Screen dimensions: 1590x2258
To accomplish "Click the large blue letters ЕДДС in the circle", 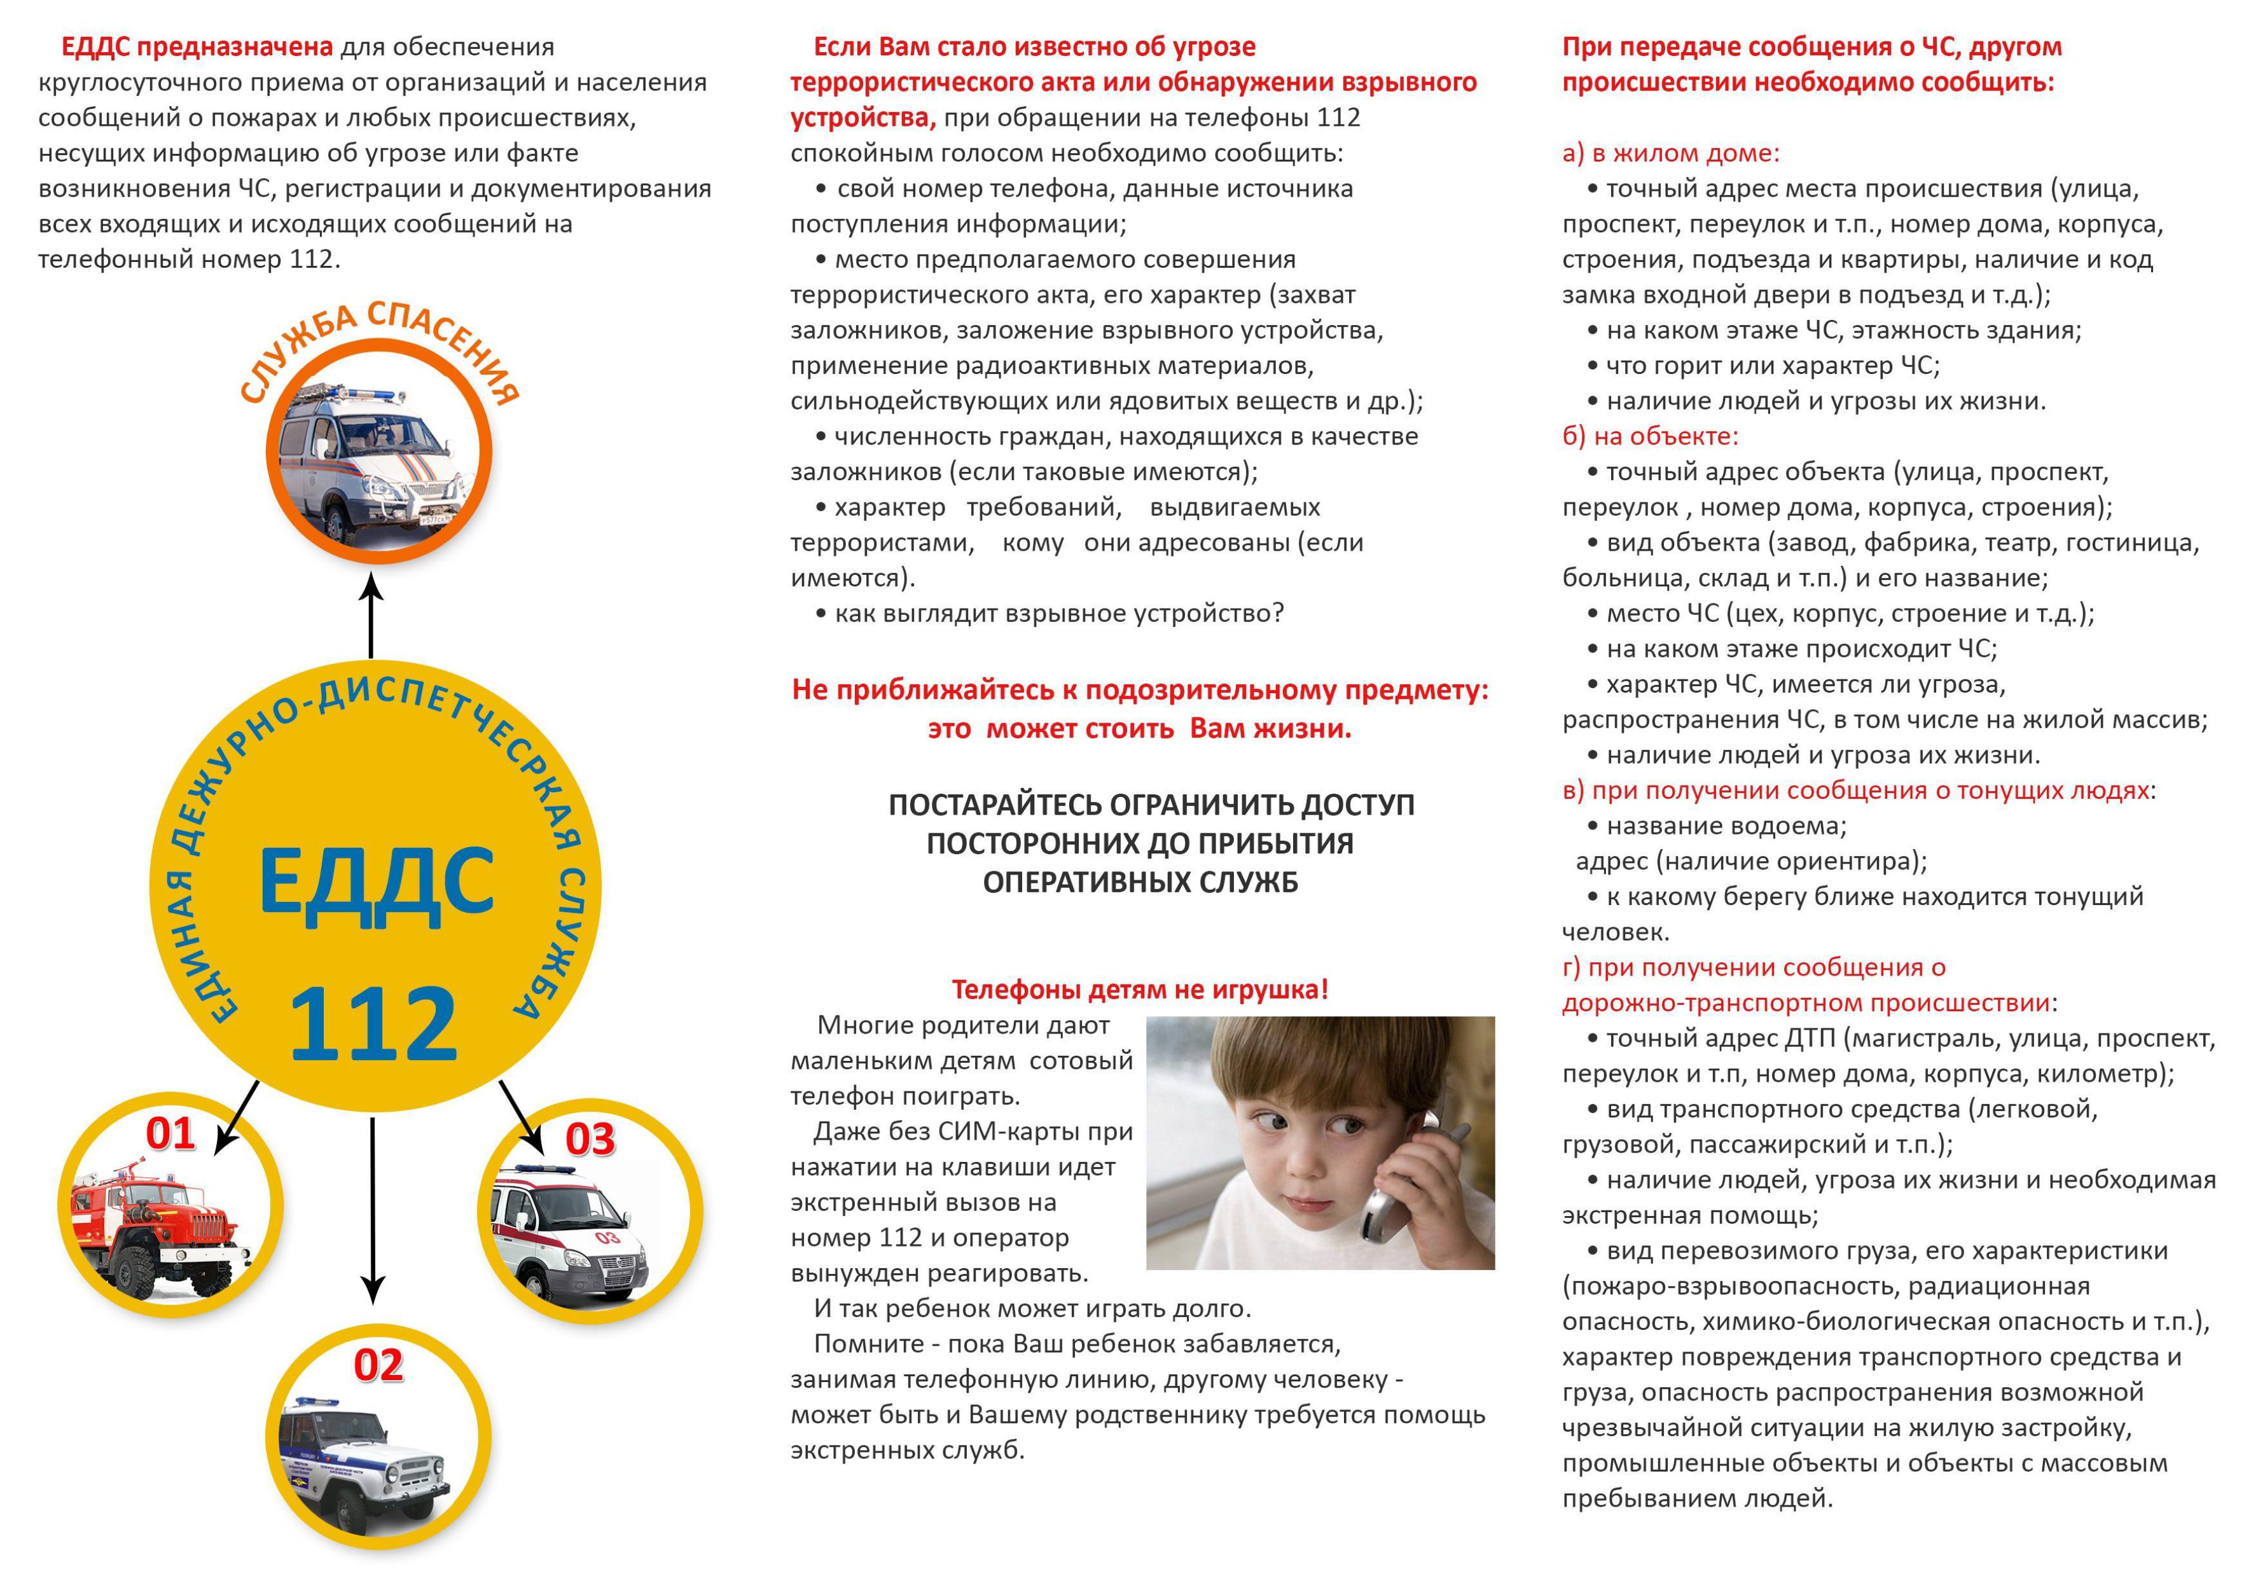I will (376, 882).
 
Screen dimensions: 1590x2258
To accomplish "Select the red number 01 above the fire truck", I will (170, 1134).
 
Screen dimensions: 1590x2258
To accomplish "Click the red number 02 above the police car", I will (378, 1365).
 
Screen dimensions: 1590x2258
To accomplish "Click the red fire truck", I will (162, 1229).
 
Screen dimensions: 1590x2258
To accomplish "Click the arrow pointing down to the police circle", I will (373, 1210).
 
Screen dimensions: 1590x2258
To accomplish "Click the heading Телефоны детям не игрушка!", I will (1140, 989).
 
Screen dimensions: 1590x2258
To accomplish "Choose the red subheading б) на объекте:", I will (1650, 436).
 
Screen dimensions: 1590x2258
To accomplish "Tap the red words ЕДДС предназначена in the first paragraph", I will (197, 47).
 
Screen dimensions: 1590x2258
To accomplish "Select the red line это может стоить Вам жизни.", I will (1140, 729).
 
